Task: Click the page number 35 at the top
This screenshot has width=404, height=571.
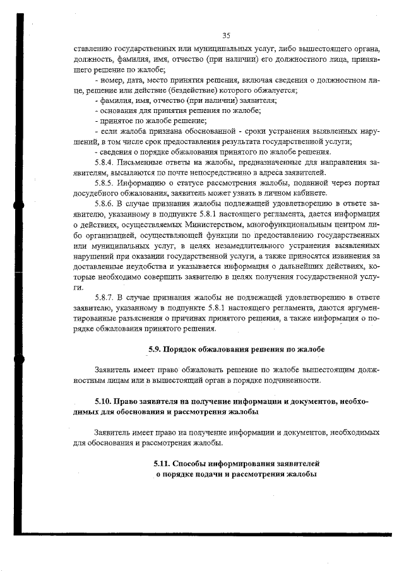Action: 227,35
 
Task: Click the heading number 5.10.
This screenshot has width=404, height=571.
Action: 103,401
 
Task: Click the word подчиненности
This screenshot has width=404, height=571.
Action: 290,380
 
